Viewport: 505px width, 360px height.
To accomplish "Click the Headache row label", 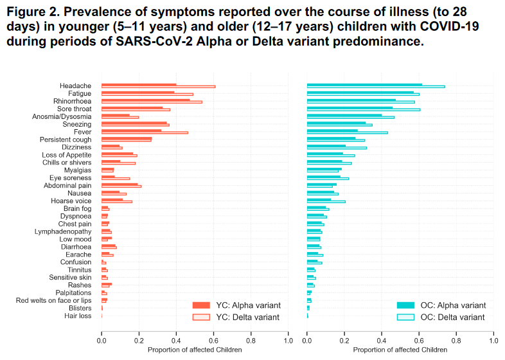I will [x=75, y=86].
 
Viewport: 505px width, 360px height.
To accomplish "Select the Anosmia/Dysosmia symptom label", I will [x=62, y=116].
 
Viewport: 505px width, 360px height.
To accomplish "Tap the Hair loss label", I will [x=78, y=316].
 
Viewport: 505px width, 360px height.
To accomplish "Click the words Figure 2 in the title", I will [x=33, y=13].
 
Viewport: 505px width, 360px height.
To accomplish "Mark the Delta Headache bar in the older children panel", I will [x=376, y=86].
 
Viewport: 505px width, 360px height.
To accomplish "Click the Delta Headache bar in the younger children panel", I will [x=158, y=86].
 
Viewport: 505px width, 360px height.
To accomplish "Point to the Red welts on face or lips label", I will [x=53, y=300].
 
